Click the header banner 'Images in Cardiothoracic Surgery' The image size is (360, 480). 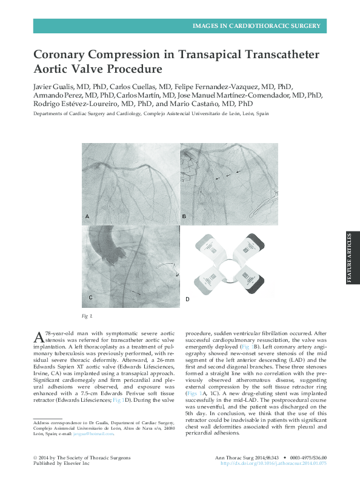pyautogui.click(x=256, y=26)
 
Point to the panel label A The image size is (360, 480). pyautogui.click(x=87, y=216)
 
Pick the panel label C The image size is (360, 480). pyautogui.click(x=90, y=298)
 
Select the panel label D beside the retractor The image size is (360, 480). pyautogui.click(x=187, y=299)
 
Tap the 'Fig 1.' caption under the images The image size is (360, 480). pyautogui.click(x=87, y=316)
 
